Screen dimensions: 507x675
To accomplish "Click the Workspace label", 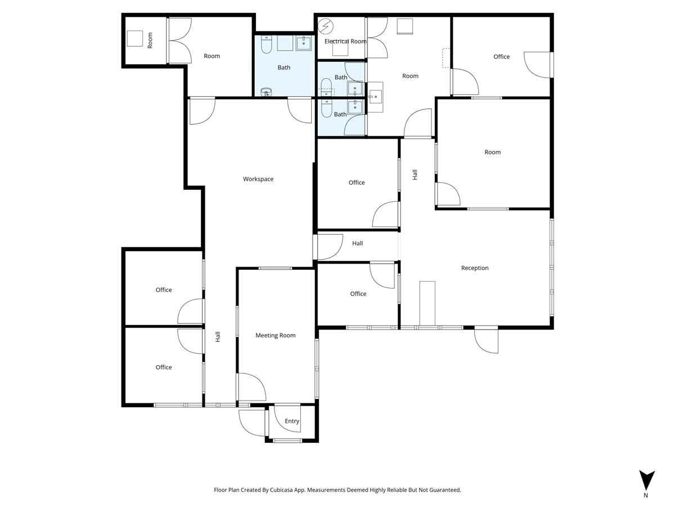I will [258, 179].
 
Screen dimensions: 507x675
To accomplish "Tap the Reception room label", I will [475, 268].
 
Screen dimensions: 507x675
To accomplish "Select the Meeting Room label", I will [276, 336].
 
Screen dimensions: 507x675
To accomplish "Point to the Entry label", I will [292, 421].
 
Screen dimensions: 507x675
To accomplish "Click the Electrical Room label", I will [345, 41].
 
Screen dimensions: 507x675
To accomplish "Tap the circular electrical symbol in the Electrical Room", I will [326, 26].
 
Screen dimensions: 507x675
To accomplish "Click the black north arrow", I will [647, 480].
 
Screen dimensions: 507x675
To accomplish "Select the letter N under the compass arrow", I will [646, 496].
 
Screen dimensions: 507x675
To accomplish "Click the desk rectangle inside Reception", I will [427, 304].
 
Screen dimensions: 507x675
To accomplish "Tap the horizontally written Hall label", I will [358, 243].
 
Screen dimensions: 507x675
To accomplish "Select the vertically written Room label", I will [150, 40].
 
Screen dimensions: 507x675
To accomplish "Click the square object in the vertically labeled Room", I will [135, 38].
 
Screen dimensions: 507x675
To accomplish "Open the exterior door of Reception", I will [487, 341].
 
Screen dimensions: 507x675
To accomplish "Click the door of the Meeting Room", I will [251, 387].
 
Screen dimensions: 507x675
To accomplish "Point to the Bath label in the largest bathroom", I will [284, 68].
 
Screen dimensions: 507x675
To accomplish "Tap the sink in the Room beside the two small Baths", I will [375, 97].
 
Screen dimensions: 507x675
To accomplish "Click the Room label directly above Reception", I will [493, 152].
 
